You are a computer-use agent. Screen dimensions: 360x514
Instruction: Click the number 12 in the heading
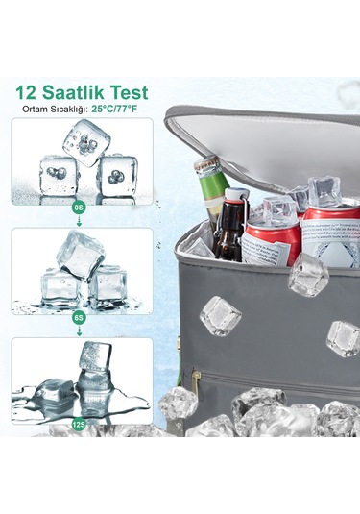[27, 92]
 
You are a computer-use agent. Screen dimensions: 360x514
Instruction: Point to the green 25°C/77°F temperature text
[114, 109]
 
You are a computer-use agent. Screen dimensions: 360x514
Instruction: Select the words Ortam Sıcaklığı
[55, 110]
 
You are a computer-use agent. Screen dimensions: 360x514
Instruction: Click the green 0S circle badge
[79, 208]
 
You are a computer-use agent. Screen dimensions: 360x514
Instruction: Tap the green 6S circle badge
[79, 317]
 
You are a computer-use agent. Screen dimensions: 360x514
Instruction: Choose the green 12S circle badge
[79, 425]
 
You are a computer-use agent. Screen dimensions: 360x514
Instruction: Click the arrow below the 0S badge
[79, 221]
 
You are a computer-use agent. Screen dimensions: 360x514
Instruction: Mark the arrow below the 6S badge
[79, 330]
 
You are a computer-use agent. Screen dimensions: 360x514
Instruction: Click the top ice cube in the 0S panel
[86, 142]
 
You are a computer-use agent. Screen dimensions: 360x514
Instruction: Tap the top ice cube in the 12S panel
[95, 356]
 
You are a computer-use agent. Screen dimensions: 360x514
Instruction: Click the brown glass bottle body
[229, 234]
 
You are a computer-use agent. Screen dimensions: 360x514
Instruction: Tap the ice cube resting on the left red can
[279, 208]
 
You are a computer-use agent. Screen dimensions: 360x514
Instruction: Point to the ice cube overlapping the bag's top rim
[307, 275]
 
